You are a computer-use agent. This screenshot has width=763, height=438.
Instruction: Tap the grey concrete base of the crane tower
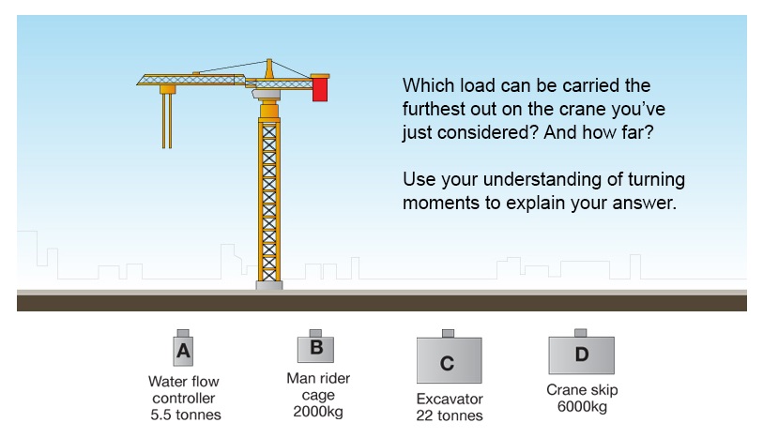click(269, 285)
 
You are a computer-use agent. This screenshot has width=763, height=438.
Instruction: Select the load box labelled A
click(183, 348)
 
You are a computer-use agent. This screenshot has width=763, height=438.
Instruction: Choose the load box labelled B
click(316, 346)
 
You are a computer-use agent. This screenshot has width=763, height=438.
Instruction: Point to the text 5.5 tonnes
click(186, 415)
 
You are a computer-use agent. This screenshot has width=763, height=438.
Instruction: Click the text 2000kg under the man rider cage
click(318, 412)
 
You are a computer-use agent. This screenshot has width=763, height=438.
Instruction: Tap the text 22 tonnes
click(450, 415)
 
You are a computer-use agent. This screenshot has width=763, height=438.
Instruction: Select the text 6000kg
click(582, 406)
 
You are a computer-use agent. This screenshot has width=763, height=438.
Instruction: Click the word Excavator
click(450, 400)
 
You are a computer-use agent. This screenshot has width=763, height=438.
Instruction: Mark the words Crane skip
click(582, 390)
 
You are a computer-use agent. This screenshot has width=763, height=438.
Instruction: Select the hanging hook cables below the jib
click(167, 121)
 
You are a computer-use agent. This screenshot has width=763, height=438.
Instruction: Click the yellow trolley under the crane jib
click(167, 89)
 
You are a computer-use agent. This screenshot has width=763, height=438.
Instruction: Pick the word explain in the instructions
click(535, 204)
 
